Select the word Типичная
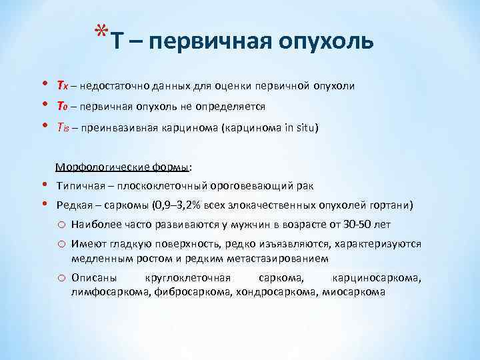point(81,185)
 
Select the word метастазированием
point(281,257)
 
